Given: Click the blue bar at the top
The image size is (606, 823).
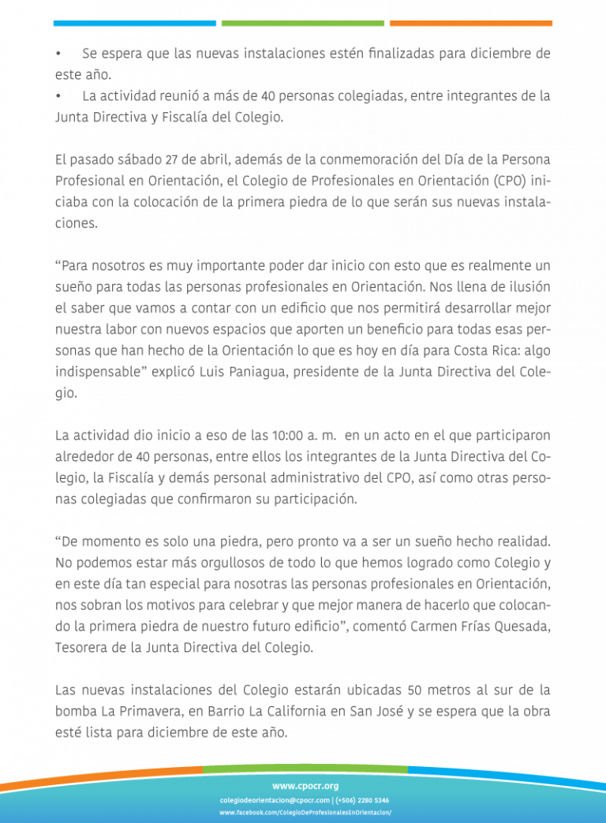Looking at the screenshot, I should click(x=134, y=24).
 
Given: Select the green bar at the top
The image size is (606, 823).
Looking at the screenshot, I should click(x=303, y=24).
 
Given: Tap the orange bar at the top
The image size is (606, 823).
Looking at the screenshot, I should click(x=470, y=24).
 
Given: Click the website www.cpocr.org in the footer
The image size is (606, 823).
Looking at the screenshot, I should click(x=305, y=786).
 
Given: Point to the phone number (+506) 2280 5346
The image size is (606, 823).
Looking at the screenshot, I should click(x=362, y=800).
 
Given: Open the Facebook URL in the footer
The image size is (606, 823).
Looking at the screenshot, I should click(x=305, y=813).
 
